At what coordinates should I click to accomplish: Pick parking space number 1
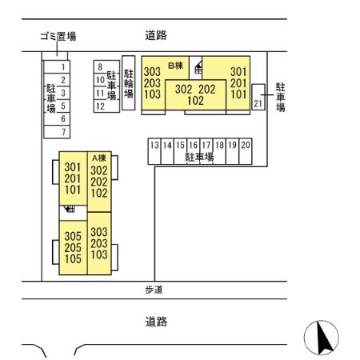62,67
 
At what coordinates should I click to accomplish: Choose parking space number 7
62,131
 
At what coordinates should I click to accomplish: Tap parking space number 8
101,67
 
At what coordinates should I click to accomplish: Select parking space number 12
101,106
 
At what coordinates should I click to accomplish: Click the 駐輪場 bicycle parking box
128,83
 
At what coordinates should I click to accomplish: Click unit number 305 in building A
73,235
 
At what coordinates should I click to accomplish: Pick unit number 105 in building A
73,259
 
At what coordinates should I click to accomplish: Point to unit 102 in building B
195,101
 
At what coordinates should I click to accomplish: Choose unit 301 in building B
238,71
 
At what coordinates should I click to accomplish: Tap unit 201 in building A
73,179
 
